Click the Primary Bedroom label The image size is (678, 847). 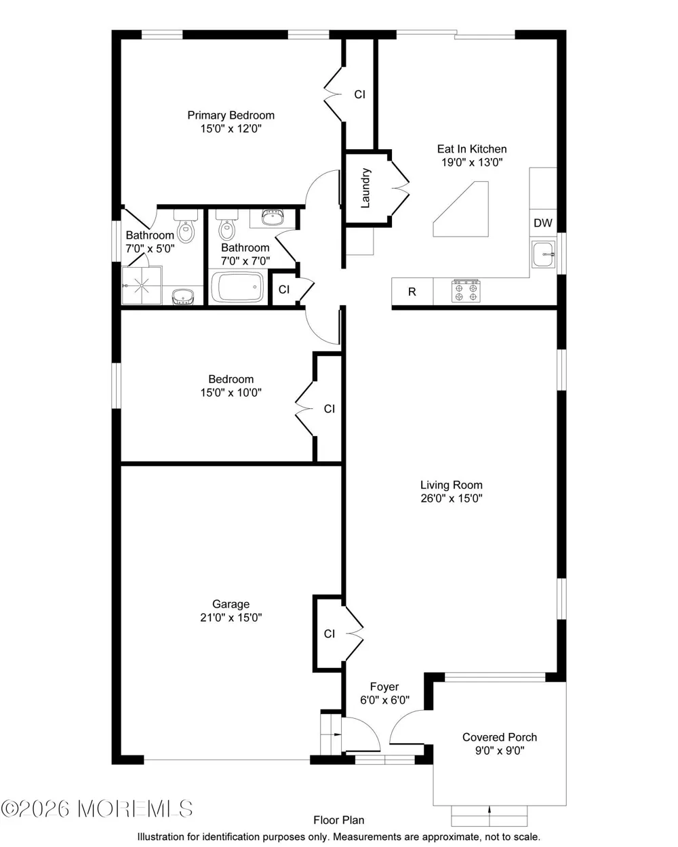pyautogui.click(x=231, y=115)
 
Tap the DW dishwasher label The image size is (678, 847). pyautogui.click(x=542, y=223)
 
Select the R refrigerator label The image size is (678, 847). pyautogui.click(x=412, y=292)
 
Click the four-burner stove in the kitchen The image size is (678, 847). pyautogui.click(x=466, y=291)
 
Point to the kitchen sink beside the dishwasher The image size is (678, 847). pyautogui.click(x=543, y=254)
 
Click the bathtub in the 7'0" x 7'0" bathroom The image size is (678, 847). pyautogui.click(x=237, y=287)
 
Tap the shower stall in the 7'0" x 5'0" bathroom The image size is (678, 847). pyautogui.click(x=142, y=285)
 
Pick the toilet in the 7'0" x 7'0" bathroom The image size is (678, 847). pyautogui.click(x=226, y=225)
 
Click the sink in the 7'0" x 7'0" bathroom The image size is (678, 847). pyautogui.click(x=273, y=218)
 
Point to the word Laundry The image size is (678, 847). pyautogui.click(x=365, y=188)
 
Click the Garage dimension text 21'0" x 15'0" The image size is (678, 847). pyautogui.click(x=231, y=617)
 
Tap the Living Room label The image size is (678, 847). pyautogui.click(x=452, y=485)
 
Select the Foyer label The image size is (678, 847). pyautogui.click(x=384, y=686)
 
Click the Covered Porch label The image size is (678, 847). pyautogui.click(x=500, y=737)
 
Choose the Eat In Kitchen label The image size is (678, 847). pyautogui.click(x=472, y=149)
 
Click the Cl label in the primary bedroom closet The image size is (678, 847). pyautogui.click(x=359, y=94)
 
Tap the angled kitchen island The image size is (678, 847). pyautogui.click(x=461, y=209)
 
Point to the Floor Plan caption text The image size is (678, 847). pyautogui.click(x=339, y=820)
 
